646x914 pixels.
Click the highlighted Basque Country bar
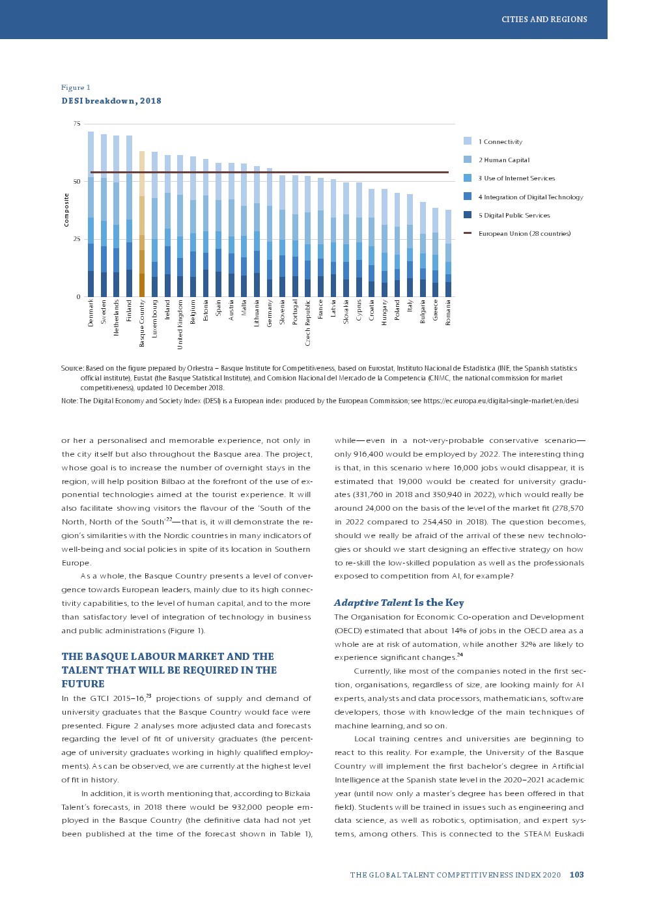(x=142, y=225)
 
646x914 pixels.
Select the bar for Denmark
(x=91, y=215)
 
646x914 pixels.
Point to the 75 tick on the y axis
(x=77, y=124)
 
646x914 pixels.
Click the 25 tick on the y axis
(x=77, y=239)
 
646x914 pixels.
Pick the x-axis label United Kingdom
(x=180, y=324)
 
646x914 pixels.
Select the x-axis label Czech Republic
(x=308, y=322)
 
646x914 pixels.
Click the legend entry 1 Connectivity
(x=499, y=141)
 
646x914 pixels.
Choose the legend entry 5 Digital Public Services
(x=513, y=215)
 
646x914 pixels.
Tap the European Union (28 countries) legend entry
(x=524, y=233)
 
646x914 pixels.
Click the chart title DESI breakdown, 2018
(x=111, y=101)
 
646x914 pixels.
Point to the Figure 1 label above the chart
(x=76, y=87)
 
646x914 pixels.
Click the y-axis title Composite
(x=66, y=210)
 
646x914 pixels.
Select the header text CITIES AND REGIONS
(x=544, y=20)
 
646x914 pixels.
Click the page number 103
(x=576, y=875)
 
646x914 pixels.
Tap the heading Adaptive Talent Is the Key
(x=399, y=603)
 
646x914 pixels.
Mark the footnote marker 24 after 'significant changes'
(x=460, y=655)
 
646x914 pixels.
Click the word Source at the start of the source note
(x=72, y=368)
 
